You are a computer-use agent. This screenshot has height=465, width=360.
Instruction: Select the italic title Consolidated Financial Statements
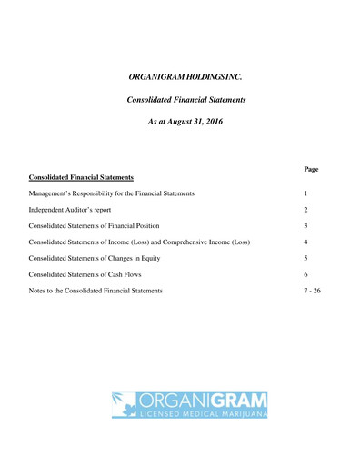pos(185,99)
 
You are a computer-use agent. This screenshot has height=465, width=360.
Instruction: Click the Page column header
pos(311,169)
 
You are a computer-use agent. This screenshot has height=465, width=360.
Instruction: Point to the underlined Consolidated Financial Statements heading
pos(82,177)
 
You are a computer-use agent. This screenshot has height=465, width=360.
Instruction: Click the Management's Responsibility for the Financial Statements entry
pos(112,193)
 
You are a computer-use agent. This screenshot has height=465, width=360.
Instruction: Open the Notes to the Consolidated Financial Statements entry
pos(96,291)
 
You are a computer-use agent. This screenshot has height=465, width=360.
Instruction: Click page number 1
pos(306,193)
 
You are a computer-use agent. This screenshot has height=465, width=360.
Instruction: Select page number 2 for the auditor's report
pos(306,210)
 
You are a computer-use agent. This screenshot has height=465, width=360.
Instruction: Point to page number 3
pos(306,225)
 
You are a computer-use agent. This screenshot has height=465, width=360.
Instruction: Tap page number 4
pos(306,242)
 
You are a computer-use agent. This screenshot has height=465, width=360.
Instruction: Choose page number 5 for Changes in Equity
pos(306,258)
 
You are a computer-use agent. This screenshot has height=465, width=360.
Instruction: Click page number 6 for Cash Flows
pos(306,274)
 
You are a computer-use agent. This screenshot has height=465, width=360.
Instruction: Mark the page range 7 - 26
pos(312,291)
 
